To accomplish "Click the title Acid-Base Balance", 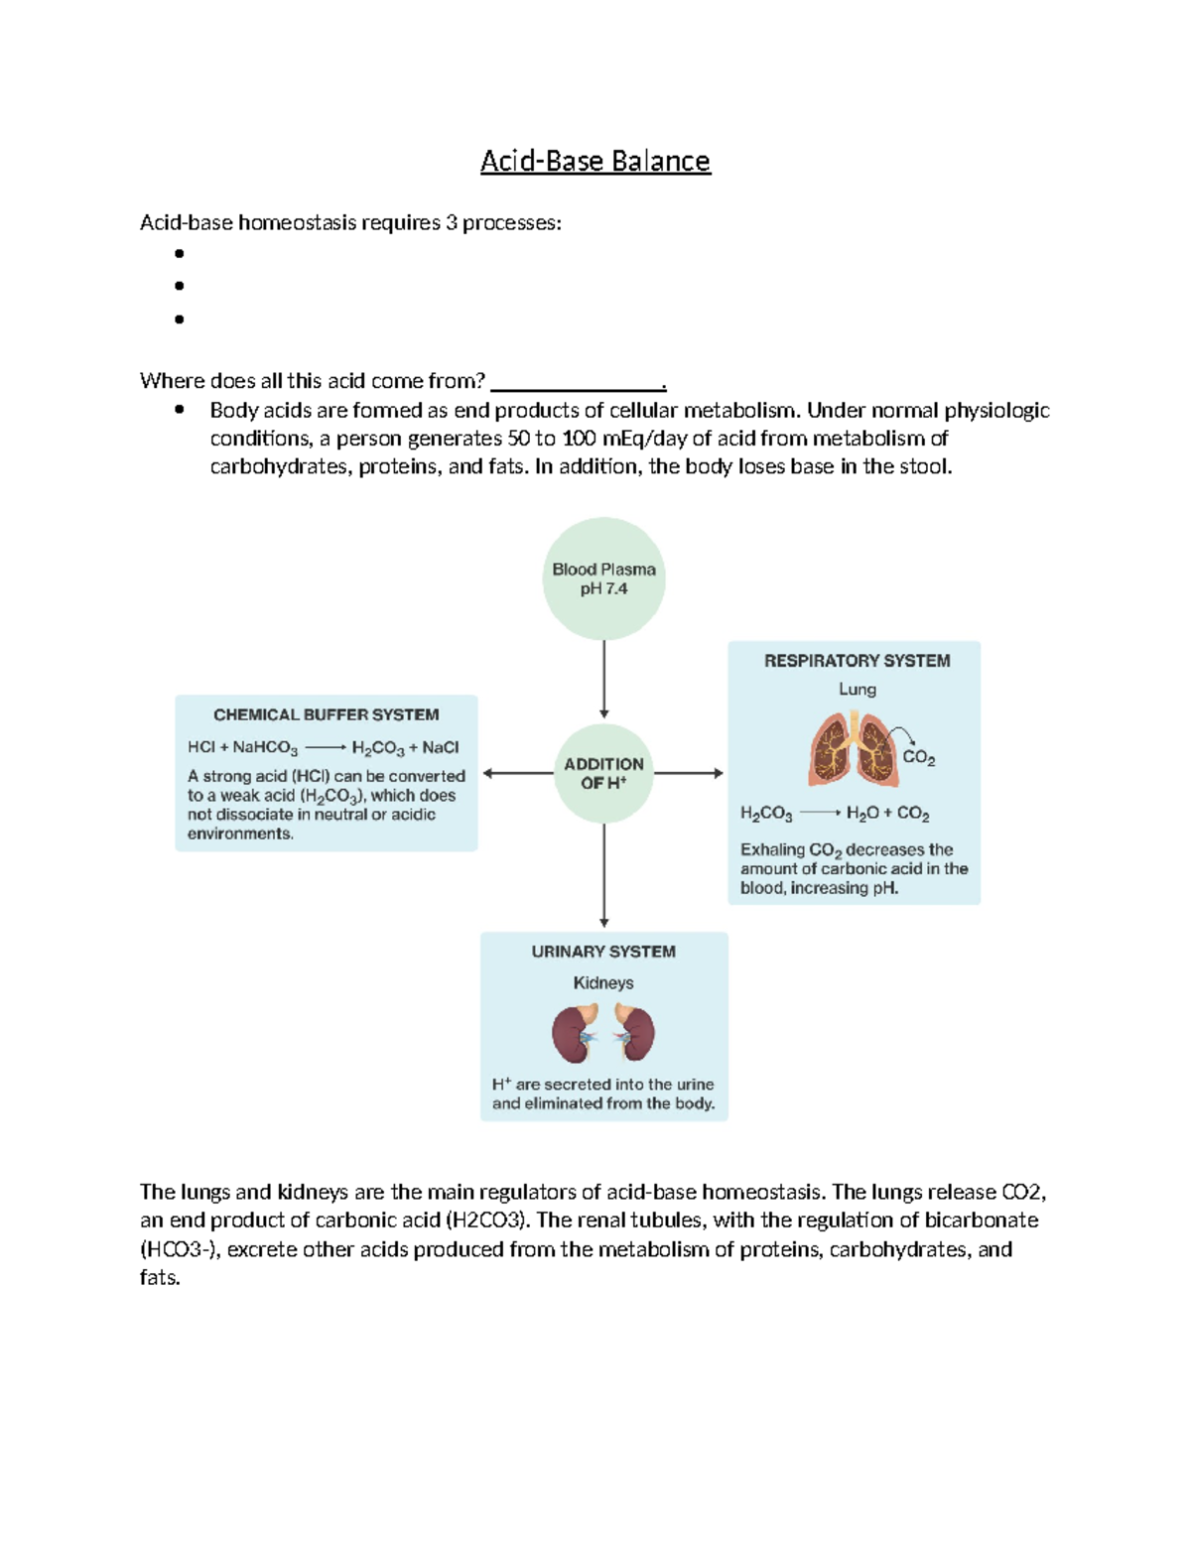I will click(x=595, y=161).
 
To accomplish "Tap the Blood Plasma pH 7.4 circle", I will click(x=603, y=578).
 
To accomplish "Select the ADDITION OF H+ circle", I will click(x=603, y=773).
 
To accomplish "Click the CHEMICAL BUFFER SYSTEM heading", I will click(x=326, y=714).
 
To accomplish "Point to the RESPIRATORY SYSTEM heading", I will click(x=857, y=661).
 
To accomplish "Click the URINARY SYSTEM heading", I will click(x=603, y=952).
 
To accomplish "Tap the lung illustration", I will click(x=853, y=750).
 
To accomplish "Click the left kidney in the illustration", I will click(x=573, y=1034).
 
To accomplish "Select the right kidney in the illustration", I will click(x=634, y=1034).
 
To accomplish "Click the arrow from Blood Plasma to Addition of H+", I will click(x=603, y=679).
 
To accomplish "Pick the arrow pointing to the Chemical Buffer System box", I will click(x=517, y=773).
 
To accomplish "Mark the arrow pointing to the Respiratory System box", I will click(x=689, y=773).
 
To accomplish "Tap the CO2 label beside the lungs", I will click(x=918, y=758).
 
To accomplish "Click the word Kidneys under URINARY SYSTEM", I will click(x=603, y=983).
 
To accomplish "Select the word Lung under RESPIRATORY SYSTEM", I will click(x=857, y=690).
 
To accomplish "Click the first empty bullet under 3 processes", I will click(x=180, y=254).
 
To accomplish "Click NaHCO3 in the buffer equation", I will click(x=265, y=748).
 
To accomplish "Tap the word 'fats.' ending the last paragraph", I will click(x=160, y=1278).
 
